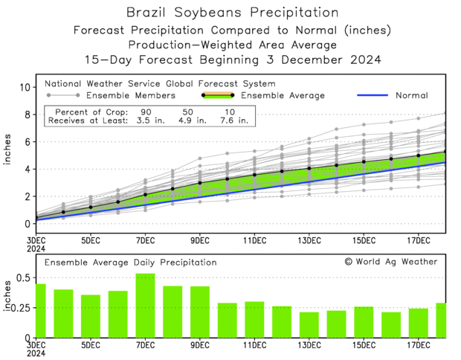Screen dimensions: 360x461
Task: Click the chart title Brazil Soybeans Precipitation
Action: [x=230, y=13]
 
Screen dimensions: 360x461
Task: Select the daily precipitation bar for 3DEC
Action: [x=40, y=310]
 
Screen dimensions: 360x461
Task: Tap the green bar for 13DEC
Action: [x=309, y=324]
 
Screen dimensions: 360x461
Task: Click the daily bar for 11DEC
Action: [x=254, y=319]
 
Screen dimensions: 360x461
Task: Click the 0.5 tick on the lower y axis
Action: [x=22, y=278]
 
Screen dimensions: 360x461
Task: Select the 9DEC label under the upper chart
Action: [x=199, y=240]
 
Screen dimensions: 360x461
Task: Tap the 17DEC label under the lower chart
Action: [x=419, y=347]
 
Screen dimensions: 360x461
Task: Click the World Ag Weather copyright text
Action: [x=390, y=262]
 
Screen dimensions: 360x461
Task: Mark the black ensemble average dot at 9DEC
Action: [x=199, y=182]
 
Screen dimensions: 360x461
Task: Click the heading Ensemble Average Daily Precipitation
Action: [x=130, y=263]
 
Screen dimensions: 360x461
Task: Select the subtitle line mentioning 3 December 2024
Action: [x=230, y=59]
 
